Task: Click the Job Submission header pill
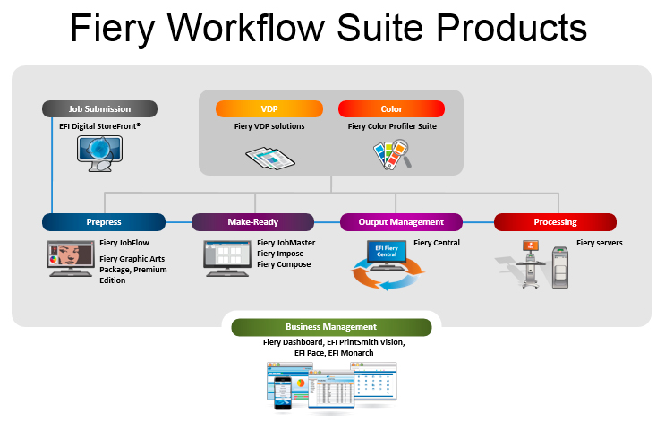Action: click(99, 109)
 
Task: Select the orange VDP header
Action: click(269, 109)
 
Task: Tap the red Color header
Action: click(392, 109)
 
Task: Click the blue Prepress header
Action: click(104, 221)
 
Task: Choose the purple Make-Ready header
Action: click(252, 221)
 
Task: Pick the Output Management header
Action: click(401, 221)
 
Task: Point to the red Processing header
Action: click(555, 221)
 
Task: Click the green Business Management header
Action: click(331, 327)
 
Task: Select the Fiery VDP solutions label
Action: click(269, 126)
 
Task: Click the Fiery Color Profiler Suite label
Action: click(392, 126)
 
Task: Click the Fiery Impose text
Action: click(281, 253)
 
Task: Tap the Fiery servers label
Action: click(600, 242)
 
